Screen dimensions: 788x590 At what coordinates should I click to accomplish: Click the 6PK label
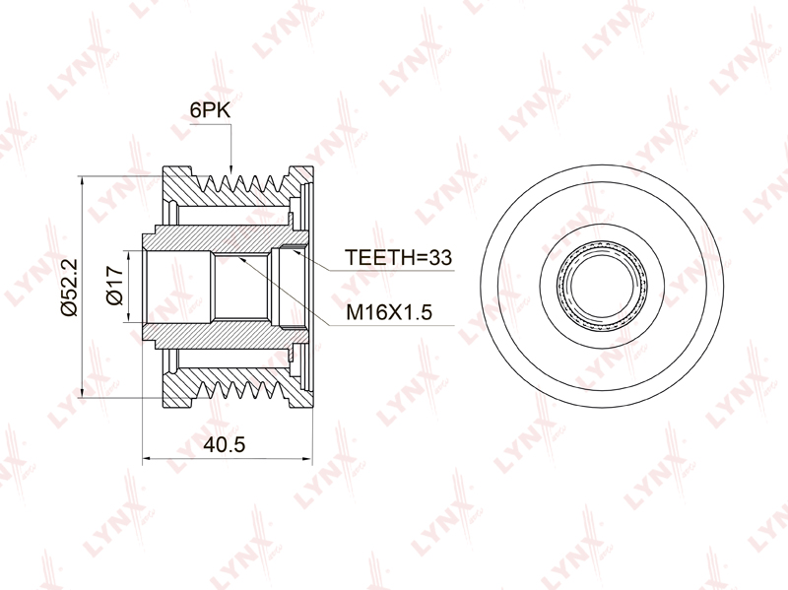click(210, 110)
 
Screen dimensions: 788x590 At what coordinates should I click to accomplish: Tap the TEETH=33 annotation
click(398, 257)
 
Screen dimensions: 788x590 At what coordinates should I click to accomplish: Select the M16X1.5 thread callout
click(389, 312)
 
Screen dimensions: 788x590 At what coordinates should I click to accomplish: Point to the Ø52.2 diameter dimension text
click(69, 287)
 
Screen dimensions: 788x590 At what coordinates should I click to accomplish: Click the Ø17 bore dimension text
click(115, 286)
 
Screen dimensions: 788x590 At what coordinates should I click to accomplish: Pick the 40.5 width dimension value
click(225, 444)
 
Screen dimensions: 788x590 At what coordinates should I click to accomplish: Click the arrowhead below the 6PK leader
click(230, 168)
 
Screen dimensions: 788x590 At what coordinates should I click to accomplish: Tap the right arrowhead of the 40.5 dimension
click(306, 458)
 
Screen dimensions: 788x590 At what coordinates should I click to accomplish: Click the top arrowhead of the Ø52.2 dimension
click(82, 182)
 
